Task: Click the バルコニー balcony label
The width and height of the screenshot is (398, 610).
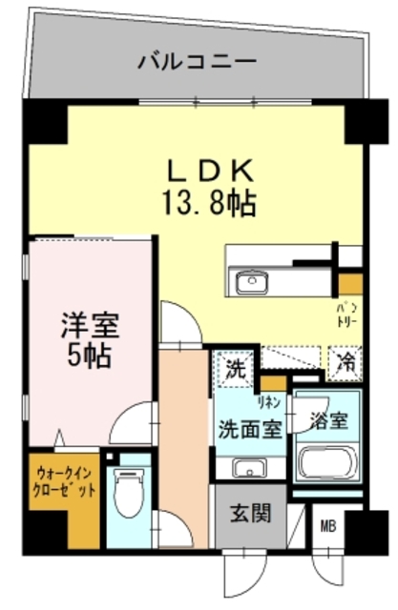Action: point(197,63)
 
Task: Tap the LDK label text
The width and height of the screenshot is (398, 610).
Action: point(211,172)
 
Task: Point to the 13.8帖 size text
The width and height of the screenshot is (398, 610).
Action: point(211,203)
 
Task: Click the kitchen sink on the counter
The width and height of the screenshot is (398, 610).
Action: point(252,281)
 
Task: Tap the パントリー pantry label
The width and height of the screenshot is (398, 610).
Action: point(346,315)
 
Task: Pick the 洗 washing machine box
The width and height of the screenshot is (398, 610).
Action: point(234,368)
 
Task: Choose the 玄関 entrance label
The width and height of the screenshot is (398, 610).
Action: point(250,514)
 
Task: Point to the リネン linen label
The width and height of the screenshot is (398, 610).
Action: point(272,401)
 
